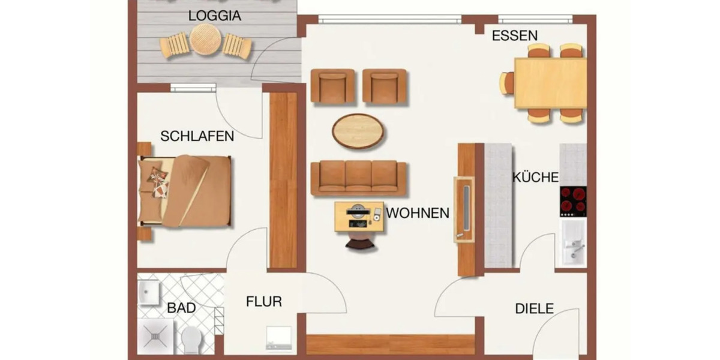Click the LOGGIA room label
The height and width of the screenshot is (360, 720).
[215, 16]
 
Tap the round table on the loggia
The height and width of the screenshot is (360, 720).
[206, 41]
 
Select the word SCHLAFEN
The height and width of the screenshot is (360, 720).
[197, 136]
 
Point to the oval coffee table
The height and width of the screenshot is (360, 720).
[358, 131]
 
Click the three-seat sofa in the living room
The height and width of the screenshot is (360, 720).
[359, 178]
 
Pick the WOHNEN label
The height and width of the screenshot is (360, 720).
[418, 213]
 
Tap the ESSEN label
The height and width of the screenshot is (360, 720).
[515, 35]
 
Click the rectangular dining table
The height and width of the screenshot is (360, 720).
[550, 83]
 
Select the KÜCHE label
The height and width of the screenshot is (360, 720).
[535, 177]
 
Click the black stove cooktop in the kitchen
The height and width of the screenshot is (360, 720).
[573, 201]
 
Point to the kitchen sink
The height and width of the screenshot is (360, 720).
[573, 243]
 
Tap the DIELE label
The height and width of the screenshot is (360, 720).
[534, 309]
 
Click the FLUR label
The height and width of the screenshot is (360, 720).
[264, 302]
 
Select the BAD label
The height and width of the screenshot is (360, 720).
[181, 308]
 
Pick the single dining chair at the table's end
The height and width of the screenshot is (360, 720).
[507, 83]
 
